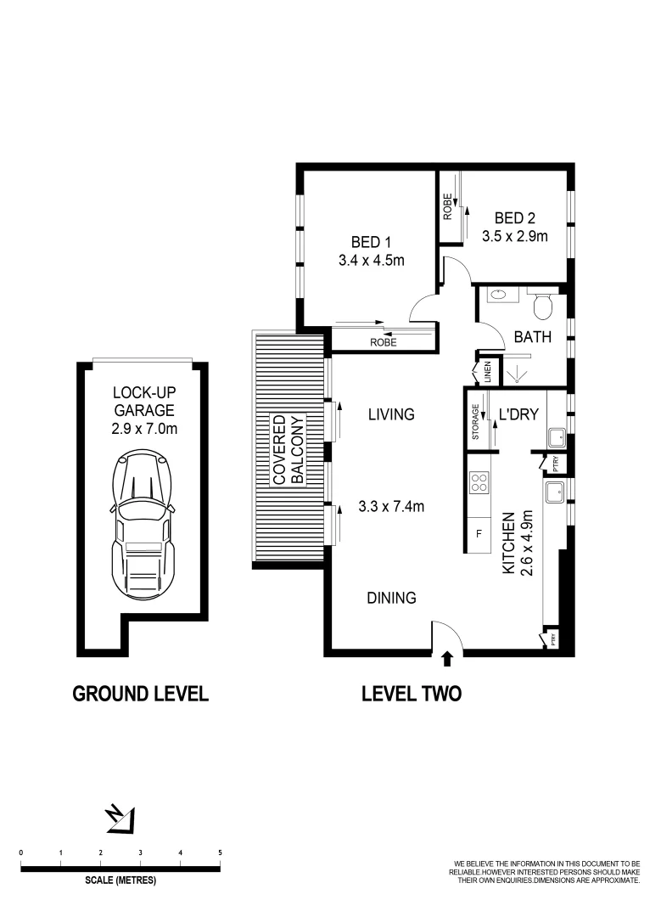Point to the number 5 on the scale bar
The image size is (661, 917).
(220, 852)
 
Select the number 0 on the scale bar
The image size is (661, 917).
(20, 852)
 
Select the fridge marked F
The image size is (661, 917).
(479, 534)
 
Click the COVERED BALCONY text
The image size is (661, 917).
(287, 450)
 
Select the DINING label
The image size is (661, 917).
(391, 598)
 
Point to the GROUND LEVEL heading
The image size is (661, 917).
(141, 693)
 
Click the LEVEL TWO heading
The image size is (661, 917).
(412, 693)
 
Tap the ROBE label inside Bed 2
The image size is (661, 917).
(447, 208)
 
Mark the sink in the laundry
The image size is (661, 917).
(556, 438)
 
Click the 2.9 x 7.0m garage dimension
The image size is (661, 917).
(144, 429)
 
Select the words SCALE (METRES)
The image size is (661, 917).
(120, 880)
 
